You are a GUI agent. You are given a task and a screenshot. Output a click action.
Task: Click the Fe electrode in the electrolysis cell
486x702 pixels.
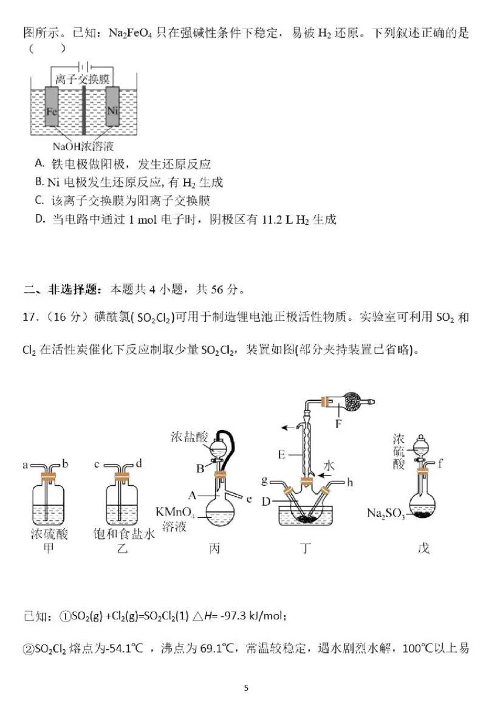pyautogui.click(x=53, y=111)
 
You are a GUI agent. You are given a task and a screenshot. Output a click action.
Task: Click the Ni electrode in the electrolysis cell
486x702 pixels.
pyautogui.click(x=112, y=110)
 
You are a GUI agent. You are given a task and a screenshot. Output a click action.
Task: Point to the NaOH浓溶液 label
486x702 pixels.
pyautogui.click(x=83, y=146)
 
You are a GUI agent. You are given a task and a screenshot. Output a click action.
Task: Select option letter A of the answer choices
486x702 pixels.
pyautogui.click(x=39, y=164)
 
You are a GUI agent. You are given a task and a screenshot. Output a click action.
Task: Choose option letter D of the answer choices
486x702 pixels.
pyautogui.click(x=39, y=220)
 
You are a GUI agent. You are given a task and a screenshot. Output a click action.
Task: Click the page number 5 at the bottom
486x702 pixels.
pyautogui.click(x=245, y=688)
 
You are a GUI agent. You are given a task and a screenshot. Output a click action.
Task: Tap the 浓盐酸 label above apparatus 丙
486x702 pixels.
pyautogui.click(x=189, y=436)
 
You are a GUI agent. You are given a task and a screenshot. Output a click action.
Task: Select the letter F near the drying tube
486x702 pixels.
pyautogui.click(x=338, y=424)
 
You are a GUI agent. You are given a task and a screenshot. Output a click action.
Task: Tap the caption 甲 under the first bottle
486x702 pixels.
pyautogui.click(x=48, y=548)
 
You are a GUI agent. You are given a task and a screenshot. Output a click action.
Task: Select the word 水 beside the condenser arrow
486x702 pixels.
pyautogui.click(x=329, y=465)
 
